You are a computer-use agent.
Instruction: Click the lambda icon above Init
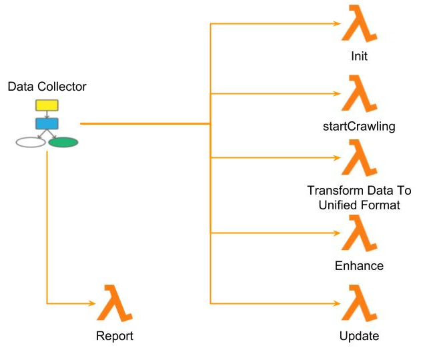pyautogui.click(x=359, y=25)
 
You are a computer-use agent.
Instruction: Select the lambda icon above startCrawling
pyautogui.click(x=359, y=94)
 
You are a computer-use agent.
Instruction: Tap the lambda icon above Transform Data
pyautogui.click(x=359, y=158)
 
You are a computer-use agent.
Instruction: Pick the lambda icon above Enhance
pyautogui.click(x=359, y=233)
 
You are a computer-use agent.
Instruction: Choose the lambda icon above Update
pyautogui.click(x=359, y=303)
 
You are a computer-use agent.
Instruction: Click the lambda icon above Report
pyautogui.click(x=115, y=303)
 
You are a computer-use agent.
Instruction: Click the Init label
pyautogui.click(x=359, y=57)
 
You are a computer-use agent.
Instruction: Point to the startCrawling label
pyautogui.click(x=359, y=127)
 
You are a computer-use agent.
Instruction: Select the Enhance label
pyautogui.click(x=359, y=266)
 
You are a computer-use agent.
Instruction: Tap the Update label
pyautogui.click(x=359, y=336)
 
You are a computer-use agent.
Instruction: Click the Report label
pyautogui.click(x=115, y=336)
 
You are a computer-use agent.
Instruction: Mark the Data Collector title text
pyautogui.click(x=47, y=87)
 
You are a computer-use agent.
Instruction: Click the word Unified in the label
pyautogui.click(x=338, y=205)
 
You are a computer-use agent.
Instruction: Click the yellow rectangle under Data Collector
pyautogui.click(x=47, y=105)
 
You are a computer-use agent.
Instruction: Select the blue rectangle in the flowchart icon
pyautogui.click(x=47, y=123)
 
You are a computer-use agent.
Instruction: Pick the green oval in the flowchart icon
pyautogui.click(x=63, y=142)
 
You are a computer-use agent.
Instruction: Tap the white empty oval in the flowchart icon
pyautogui.click(x=30, y=142)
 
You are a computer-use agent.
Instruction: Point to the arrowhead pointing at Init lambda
pyautogui.click(x=338, y=24)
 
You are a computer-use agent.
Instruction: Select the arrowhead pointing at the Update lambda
pyautogui.click(x=338, y=303)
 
